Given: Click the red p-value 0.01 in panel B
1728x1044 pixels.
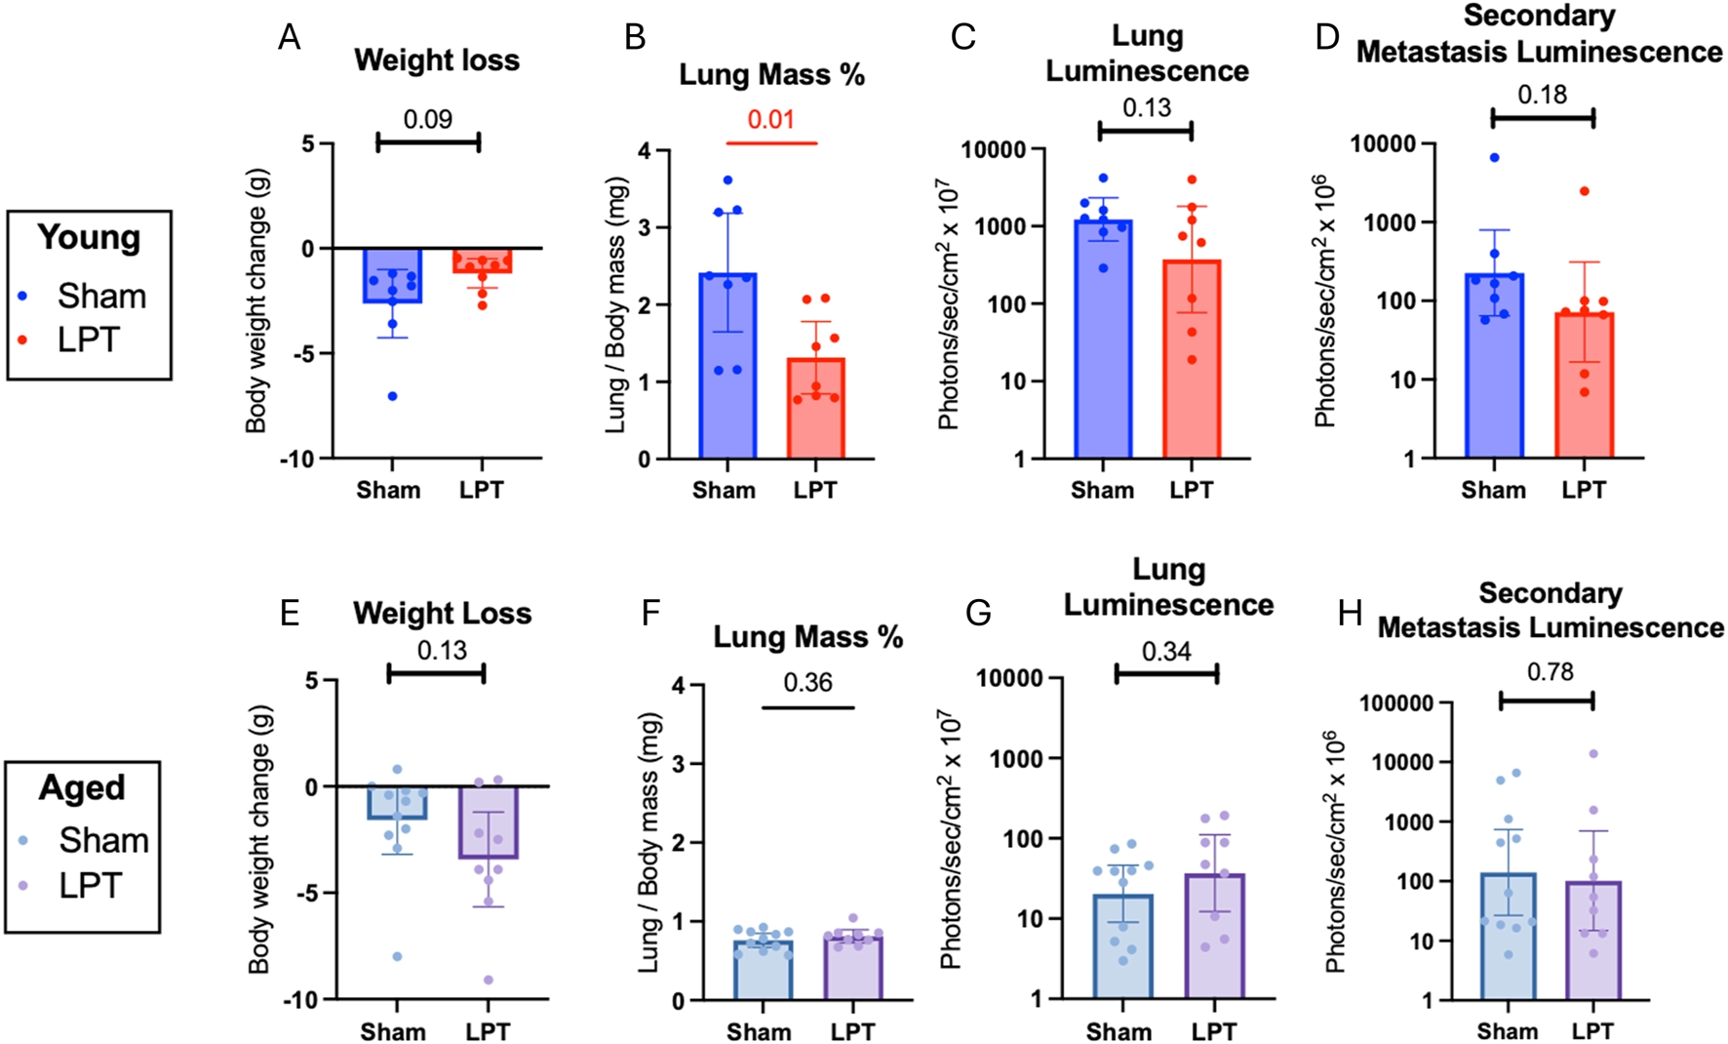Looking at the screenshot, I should pyautogui.click(x=770, y=120).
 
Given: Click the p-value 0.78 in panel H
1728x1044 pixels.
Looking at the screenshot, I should pyautogui.click(x=1550, y=672).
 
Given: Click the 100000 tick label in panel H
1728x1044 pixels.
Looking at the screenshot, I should pyautogui.click(x=1396, y=703).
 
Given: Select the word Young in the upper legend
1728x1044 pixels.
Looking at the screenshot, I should pyautogui.click(x=89, y=238).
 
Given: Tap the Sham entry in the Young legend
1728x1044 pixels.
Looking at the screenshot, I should pyautogui.click(x=101, y=296).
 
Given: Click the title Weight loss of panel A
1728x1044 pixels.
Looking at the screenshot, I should pyautogui.click(x=437, y=60).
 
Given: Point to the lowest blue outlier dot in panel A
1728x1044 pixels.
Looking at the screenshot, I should pyautogui.click(x=393, y=396).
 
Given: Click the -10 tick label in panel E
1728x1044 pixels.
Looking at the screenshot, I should pyautogui.click(x=298, y=1000).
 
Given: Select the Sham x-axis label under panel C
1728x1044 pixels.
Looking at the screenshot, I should pyautogui.click(x=1102, y=490).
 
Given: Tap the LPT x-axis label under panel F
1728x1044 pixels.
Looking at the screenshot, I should pyautogui.click(x=852, y=1031).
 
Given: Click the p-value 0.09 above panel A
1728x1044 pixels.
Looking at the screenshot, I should pyautogui.click(x=428, y=119).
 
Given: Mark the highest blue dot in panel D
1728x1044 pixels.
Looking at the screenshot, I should pyautogui.click(x=1494, y=158).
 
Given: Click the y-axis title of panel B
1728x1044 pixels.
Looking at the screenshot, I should pyautogui.click(x=616, y=304).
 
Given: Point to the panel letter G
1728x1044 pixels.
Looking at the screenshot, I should pyautogui.click(x=977, y=613).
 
